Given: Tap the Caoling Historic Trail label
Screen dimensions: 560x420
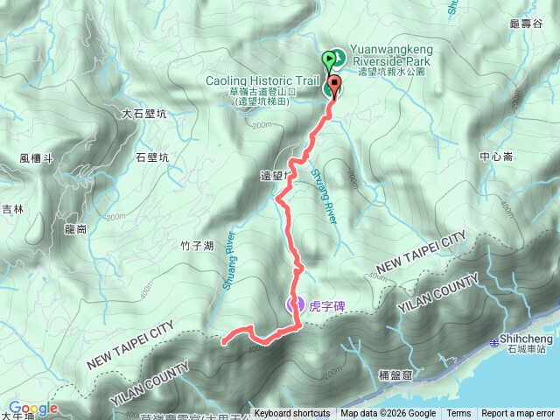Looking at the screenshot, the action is coord(261,80).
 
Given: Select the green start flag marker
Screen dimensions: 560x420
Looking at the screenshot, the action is coord(330,60).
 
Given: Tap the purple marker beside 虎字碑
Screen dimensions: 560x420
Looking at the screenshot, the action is coord(295,304).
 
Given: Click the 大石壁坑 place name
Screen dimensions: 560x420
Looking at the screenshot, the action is coord(144,114).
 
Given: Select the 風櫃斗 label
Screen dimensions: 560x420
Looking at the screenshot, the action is coord(37,158).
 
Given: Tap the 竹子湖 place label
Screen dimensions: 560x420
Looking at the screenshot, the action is coord(197,248).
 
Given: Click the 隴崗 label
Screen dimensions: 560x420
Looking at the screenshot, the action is coord(76,229).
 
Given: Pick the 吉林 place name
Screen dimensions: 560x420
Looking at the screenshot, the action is coord(12,209).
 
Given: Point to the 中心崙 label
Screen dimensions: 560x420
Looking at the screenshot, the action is coord(496,158).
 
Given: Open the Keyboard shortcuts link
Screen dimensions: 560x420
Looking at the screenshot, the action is coord(292,414).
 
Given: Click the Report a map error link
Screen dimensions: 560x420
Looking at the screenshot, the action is coord(518,414).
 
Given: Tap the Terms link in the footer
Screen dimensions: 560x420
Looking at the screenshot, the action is coord(458,414).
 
